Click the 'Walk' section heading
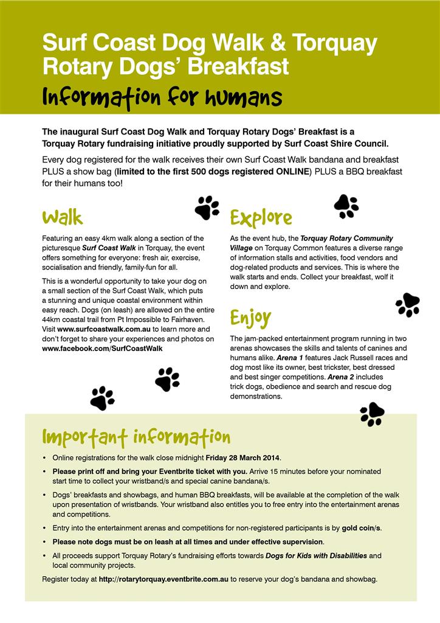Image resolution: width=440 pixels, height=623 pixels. point(62,217)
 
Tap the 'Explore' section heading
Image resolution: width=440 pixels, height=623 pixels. point(261,218)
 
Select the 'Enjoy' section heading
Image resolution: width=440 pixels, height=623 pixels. point(250,318)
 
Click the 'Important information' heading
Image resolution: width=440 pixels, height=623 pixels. point(136,437)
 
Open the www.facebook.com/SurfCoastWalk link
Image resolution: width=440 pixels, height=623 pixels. point(102,349)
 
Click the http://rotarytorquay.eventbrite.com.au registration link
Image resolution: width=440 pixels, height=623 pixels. point(163,579)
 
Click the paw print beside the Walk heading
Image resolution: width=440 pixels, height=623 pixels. point(207,207)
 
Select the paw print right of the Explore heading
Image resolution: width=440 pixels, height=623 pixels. point(346,206)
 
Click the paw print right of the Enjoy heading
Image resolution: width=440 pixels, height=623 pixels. point(407,304)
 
